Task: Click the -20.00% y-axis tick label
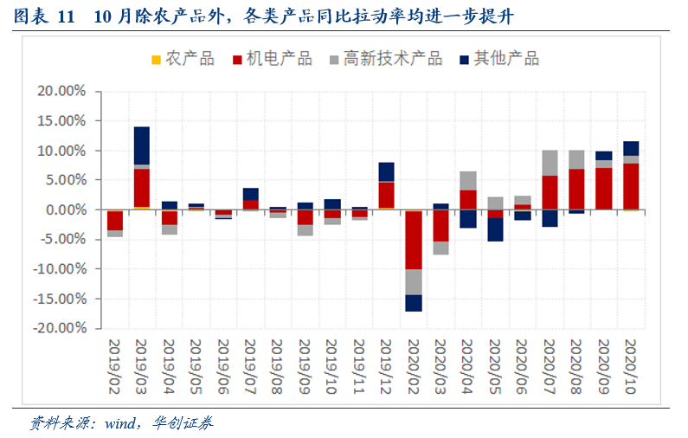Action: [x=61, y=329]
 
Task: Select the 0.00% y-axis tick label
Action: [x=66, y=210]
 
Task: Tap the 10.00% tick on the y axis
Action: [x=62, y=151]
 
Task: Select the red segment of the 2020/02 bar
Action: [x=413, y=240]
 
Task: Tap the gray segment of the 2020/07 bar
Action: [x=550, y=163]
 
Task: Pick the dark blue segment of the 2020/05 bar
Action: [x=495, y=229]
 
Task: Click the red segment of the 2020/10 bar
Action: [x=631, y=186]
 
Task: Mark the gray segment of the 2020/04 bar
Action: [x=468, y=181]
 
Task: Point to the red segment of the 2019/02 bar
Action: [x=114, y=220]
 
